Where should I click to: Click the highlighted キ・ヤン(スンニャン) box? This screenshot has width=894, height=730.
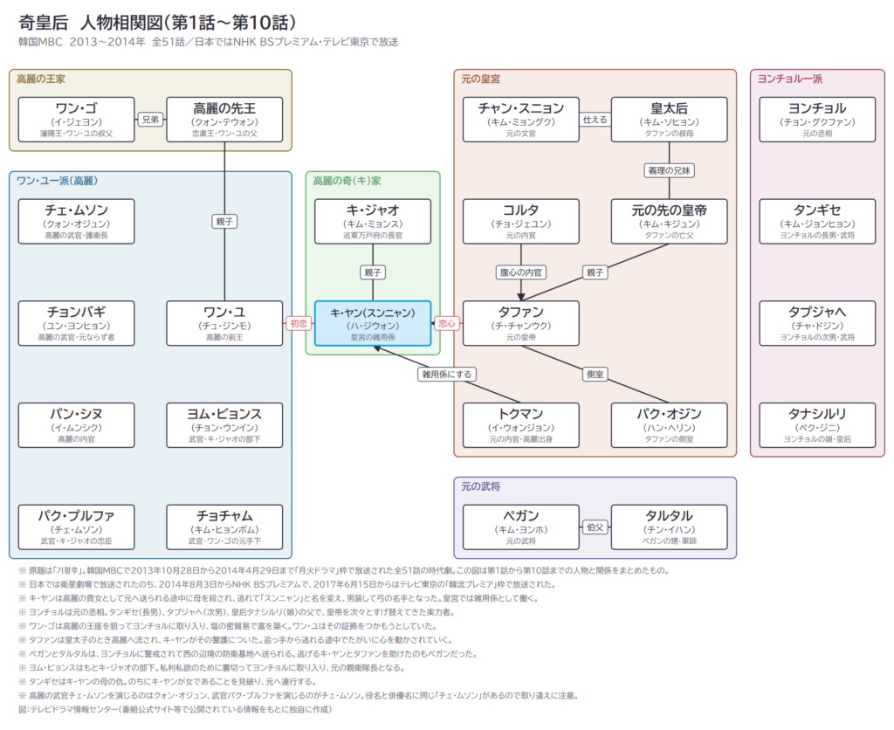[x=373, y=323]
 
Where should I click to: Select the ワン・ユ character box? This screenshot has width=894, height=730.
[x=224, y=323]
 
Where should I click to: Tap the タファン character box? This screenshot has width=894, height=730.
[x=521, y=323]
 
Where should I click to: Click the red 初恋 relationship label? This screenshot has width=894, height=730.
[x=299, y=323]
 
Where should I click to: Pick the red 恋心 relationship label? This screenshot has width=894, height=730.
[x=447, y=323]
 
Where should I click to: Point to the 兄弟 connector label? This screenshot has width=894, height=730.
[x=150, y=120]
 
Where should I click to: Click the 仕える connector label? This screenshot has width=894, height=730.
[x=595, y=120]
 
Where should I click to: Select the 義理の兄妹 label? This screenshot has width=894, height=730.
[x=670, y=170]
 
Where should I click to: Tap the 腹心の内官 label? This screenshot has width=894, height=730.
[x=521, y=272]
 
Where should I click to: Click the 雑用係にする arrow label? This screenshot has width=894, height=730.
[x=447, y=374]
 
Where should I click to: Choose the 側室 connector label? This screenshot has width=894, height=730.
[x=595, y=374]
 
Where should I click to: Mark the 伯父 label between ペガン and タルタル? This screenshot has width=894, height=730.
[x=595, y=527]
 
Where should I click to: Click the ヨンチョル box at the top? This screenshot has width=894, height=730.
[x=817, y=120]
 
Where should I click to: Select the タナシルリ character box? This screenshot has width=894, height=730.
[x=817, y=425]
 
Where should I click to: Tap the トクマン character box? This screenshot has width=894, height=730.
[x=521, y=425]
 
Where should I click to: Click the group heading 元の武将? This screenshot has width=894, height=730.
[x=481, y=486]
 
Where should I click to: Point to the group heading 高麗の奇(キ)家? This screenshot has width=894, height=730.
[x=347, y=181]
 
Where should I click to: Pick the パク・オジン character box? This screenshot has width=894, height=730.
[x=670, y=425]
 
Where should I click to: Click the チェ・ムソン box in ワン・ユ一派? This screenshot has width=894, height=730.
[x=77, y=222]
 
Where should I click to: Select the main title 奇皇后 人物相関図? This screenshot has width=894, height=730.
[x=157, y=22]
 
